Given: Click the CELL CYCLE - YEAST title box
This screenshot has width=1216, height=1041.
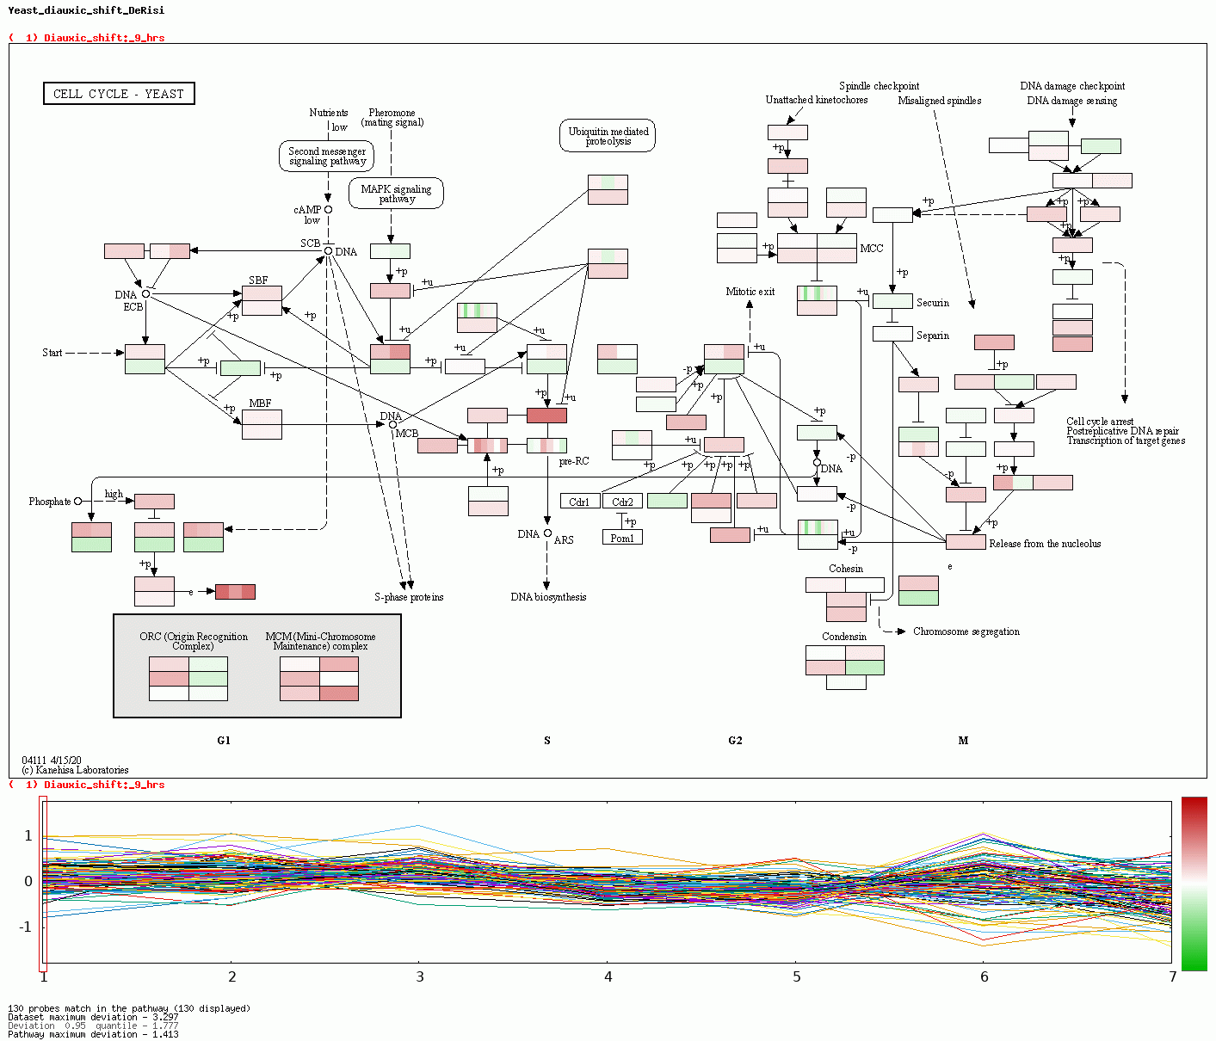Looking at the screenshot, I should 119,94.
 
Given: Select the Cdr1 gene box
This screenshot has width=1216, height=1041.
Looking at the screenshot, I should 579,502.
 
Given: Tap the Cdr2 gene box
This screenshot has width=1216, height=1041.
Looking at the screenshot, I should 622,502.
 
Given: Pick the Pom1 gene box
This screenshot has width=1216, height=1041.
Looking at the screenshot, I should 622,538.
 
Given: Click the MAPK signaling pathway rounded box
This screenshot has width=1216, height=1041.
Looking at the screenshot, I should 396,194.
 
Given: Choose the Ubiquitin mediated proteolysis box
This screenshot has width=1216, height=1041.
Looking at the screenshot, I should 608,136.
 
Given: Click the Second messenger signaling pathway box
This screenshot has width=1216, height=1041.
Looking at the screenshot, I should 327,157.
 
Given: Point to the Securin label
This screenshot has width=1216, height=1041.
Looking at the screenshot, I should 932,303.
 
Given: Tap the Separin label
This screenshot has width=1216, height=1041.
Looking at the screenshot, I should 932,336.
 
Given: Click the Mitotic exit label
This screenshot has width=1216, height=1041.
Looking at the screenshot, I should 750,292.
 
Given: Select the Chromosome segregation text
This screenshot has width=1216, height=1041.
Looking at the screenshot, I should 966,631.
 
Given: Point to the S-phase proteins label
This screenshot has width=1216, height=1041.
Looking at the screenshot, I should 409,597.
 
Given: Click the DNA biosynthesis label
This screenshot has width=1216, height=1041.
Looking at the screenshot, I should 548,597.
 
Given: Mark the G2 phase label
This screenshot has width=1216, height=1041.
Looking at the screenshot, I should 735,741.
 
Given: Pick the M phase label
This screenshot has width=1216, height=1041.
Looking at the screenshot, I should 963,741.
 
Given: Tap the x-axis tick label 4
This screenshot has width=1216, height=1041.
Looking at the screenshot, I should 608,977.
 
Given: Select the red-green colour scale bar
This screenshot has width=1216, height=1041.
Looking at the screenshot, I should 1194,883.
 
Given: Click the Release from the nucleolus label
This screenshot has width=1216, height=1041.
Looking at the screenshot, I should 1045,544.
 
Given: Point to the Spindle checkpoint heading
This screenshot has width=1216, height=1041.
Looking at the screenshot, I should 879,86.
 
